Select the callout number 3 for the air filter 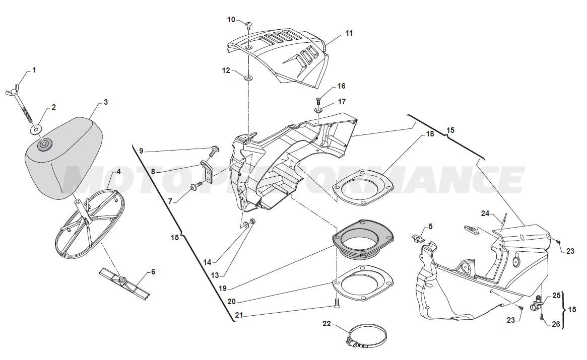[106, 102]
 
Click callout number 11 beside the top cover [349, 33]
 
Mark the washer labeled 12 [249, 78]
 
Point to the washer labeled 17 [318, 109]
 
